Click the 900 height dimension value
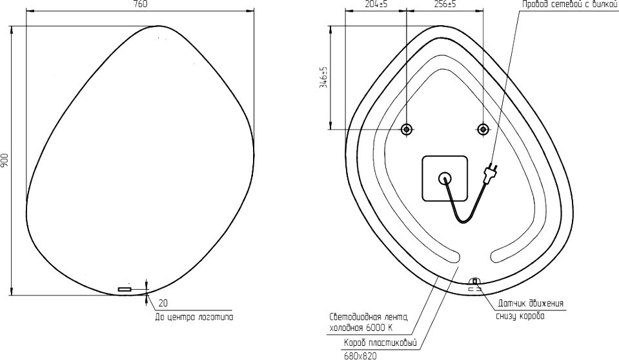pyautogui.click(x=5, y=160)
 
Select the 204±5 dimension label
pyautogui.click(x=375, y=5)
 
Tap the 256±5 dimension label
pyautogui.click(x=445, y=5)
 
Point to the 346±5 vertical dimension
pyautogui.click(x=324, y=77)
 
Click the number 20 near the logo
pyautogui.click(x=163, y=303)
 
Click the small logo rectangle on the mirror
pyautogui.click(x=125, y=289)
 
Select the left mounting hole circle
pyautogui.click(x=406, y=129)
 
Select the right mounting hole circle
pyautogui.click(x=483, y=129)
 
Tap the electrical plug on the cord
pyautogui.click(x=491, y=174)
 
